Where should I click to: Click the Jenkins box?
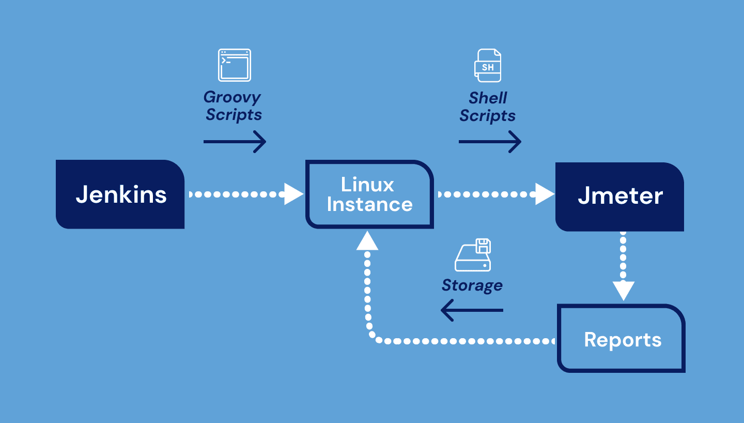coord(120,194)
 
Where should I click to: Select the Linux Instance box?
coord(369,194)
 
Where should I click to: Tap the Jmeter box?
coord(619,197)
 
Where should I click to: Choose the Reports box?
coord(622,339)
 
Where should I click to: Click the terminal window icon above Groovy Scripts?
coord(234,65)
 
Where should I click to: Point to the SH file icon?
coord(488,66)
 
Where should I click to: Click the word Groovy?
coord(232,97)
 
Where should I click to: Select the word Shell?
coord(488,98)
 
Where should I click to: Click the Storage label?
coord(472,285)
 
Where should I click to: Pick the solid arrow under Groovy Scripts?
coord(235,142)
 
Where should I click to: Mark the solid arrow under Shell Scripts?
coord(490,142)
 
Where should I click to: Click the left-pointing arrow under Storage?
coord(472,311)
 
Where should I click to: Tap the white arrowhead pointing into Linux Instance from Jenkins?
coord(293,194)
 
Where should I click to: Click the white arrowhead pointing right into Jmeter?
coord(544,194)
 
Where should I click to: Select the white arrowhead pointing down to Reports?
coord(623,291)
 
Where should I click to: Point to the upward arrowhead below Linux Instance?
coord(367,240)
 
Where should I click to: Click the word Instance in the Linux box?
coord(369,205)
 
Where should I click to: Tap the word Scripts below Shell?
coord(487,116)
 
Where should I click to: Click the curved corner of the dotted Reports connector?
coord(373,336)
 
